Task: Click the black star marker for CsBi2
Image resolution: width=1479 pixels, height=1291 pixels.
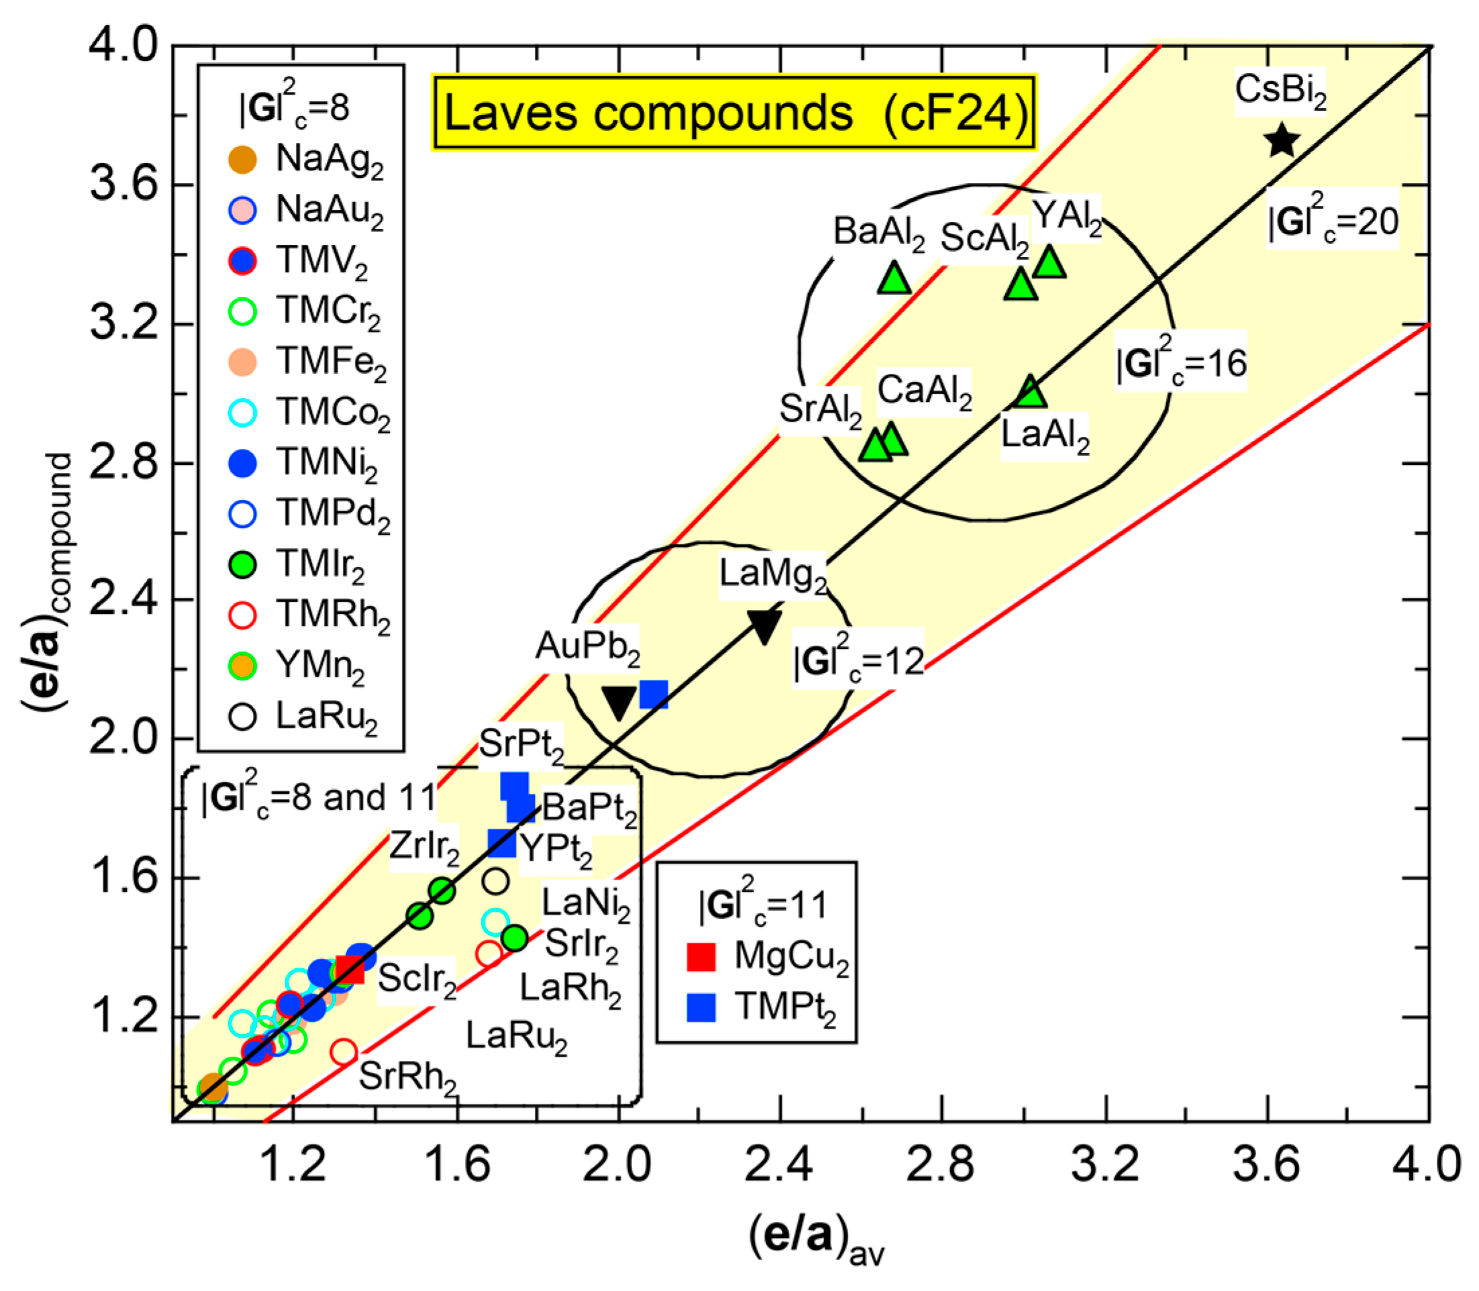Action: [x=1282, y=140]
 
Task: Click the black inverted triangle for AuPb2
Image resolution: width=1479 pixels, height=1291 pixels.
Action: [x=619, y=702]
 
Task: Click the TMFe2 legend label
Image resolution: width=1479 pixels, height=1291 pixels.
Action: [x=331, y=362]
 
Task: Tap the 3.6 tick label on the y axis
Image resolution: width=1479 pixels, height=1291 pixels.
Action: [x=124, y=185]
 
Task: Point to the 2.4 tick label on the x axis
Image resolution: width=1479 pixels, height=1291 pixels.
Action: [x=779, y=1166]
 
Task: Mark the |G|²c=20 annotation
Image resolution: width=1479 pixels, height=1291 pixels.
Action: [x=1333, y=219]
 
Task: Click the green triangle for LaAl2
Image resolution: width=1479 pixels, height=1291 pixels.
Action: [x=1031, y=392]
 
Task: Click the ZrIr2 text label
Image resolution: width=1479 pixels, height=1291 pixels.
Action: [x=424, y=847]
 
